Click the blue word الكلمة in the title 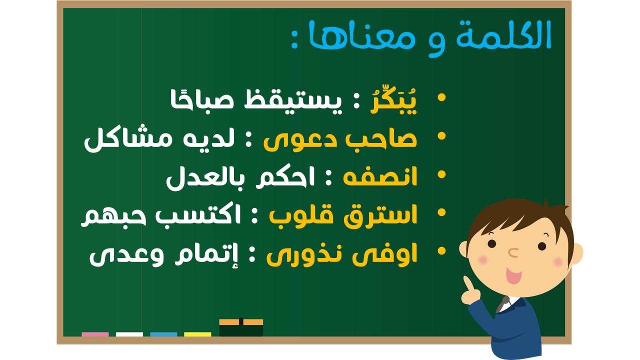(503, 35)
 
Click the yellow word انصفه (380, 177)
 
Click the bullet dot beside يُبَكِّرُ (441, 97)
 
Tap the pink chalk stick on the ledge (95, 334)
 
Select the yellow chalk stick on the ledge (197, 334)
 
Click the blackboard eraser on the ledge (241, 327)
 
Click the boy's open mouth (513, 275)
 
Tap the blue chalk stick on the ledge (163, 334)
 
